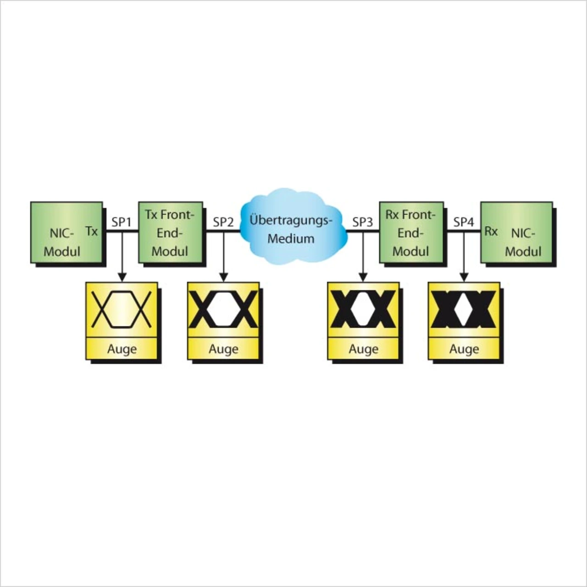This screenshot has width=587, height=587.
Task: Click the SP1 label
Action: pos(122,222)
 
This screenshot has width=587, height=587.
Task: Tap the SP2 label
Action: pos(223,222)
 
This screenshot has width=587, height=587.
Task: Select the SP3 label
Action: pos(363,222)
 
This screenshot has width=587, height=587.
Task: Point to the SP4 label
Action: pos(464,222)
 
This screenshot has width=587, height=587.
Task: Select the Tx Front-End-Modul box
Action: pos(170,233)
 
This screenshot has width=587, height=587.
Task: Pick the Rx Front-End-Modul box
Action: pos(411,233)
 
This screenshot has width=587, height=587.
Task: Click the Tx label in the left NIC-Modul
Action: pos(92,231)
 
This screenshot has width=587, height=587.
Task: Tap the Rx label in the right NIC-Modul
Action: pos(491,231)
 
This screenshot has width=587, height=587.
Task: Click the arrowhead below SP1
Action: pos(122,277)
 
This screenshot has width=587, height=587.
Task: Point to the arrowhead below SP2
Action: pos(223,277)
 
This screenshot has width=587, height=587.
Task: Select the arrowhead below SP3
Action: pos(363,277)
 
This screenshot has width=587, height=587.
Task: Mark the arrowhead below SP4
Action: pos(464,277)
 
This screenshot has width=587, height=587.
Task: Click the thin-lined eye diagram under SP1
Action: pos(122,310)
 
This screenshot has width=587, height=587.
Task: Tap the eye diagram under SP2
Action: pos(223,310)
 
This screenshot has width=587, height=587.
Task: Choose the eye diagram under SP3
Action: pos(363,310)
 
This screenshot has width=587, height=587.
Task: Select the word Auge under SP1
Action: pos(122,349)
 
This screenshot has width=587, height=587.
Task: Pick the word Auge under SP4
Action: pos(464,349)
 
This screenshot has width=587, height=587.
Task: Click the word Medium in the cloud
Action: pos(291,238)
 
